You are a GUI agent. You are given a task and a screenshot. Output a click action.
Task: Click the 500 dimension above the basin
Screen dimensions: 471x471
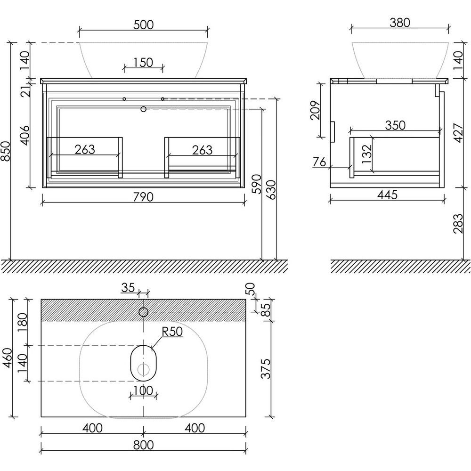pos(143,24)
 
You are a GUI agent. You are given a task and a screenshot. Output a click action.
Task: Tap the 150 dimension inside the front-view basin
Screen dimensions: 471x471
pos(143,63)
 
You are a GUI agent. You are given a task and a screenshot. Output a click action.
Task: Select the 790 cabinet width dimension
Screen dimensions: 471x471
pos(143,197)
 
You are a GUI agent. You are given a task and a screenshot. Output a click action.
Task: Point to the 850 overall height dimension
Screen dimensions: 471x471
pos(6,151)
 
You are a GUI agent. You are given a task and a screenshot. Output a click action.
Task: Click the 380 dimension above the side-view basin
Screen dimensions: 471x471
pos(400,23)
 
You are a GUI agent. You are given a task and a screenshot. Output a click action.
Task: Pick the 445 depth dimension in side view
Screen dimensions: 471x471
pos(388,195)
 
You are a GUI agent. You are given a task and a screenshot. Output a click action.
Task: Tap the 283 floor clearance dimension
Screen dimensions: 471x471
pos(458,223)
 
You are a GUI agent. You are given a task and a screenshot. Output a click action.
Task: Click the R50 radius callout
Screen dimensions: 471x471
pos(172,331)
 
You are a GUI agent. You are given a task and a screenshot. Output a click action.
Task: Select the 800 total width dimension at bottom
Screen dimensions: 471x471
pos(143,445)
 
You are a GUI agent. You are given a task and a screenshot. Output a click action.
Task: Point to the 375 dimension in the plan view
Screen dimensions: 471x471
pos(266,369)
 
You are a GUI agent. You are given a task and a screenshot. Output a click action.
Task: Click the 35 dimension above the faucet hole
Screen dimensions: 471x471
pos(128,288)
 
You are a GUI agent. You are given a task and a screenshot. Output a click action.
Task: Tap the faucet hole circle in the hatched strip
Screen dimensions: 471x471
pos(143,312)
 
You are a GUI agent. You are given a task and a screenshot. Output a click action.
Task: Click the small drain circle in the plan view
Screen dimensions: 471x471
pos(144,369)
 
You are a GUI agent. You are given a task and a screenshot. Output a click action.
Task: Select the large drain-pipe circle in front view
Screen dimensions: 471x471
pos(143,109)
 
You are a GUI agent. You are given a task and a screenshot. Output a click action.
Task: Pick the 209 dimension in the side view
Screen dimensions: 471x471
pos(315,111)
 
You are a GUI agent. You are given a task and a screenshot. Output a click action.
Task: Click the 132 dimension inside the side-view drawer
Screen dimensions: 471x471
pos(367,154)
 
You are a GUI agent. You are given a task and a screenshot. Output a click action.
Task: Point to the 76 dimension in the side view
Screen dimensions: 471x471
pos(319,162)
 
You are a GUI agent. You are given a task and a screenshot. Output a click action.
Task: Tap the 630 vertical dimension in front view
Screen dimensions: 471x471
pos(271,190)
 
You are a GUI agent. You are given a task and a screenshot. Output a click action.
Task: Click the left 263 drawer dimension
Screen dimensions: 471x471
pos(85,149)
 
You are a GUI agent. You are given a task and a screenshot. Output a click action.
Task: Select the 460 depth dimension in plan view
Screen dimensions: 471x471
pos(7,357)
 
